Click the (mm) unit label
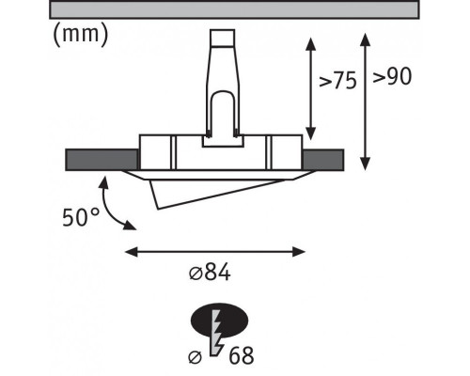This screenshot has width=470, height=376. [x=81, y=35]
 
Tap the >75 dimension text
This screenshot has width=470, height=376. [x=337, y=81]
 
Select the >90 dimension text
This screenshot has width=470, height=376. [x=392, y=76]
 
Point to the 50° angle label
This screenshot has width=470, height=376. [x=81, y=217]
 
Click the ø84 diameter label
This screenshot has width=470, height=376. [x=210, y=272]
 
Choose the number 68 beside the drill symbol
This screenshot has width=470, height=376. [x=242, y=355]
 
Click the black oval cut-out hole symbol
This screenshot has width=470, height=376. [x=219, y=321]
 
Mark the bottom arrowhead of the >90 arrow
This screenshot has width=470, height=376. [x=365, y=164]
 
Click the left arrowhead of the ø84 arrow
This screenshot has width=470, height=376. [x=132, y=252]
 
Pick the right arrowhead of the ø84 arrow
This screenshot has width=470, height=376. [x=299, y=252]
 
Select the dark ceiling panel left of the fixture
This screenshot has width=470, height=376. [x=102, y=160]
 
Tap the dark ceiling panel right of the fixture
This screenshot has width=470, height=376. [x=323, y=160]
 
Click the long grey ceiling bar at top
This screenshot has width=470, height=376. [x=234, y=9]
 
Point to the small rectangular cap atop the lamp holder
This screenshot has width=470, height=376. [x=223, y=38]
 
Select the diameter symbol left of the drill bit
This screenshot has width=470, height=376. [x=196, y=357]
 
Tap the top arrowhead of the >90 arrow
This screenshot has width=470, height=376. [x=365, y=39]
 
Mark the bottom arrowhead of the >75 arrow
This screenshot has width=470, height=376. [x=310, y=133]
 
